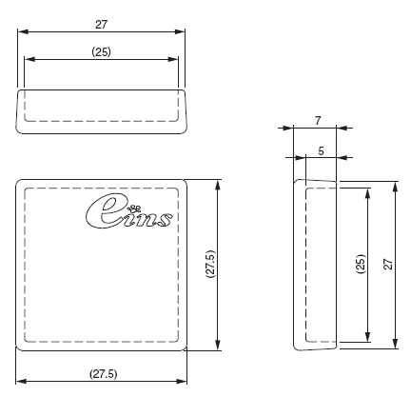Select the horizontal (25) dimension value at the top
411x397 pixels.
pos(101,51)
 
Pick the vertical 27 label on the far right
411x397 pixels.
pos(388,264)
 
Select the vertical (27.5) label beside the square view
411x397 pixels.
pos(209,264)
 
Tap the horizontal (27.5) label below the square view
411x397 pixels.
pos(103,372)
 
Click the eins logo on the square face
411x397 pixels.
pos(129,213)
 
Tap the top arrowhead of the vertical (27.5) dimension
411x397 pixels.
pos(220,183)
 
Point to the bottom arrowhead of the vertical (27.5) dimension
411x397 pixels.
pos(220,347)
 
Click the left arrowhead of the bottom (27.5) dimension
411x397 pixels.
pos(20,382)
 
